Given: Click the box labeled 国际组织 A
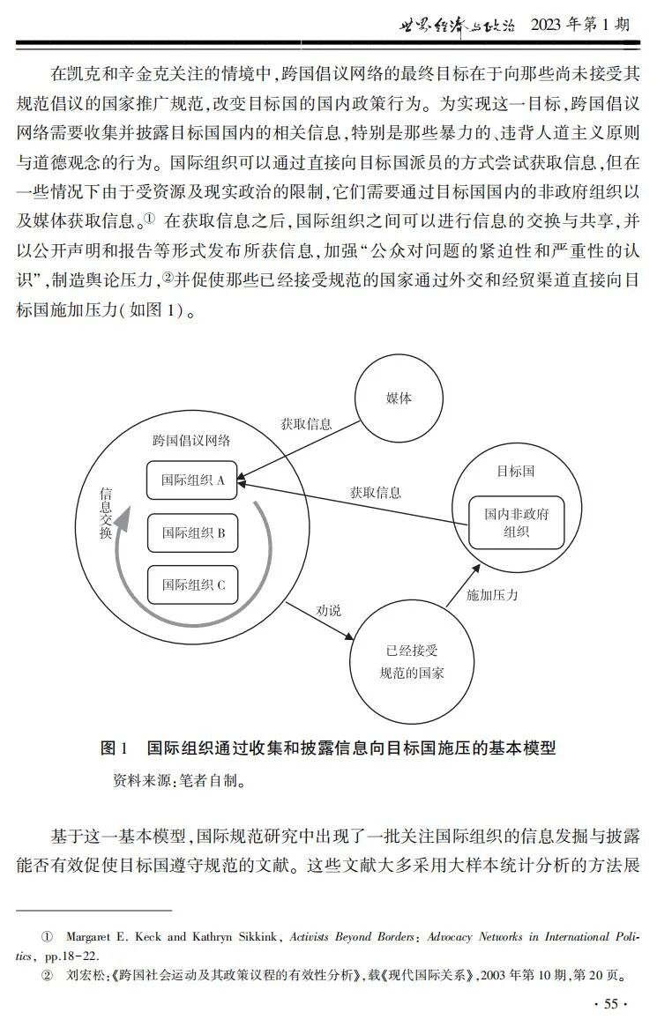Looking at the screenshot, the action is click(x=193, y=480).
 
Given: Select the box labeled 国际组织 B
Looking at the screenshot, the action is click(x=193, y=532).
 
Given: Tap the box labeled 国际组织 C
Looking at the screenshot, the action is click(x=193, y=584).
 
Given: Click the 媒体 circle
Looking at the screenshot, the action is click(x=399, y=398).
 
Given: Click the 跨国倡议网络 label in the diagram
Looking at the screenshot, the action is click(x=191, y=441).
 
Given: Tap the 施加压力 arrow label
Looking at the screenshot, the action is click(x=492, y=595).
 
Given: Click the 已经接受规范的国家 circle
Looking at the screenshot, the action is click(x=411, y=662).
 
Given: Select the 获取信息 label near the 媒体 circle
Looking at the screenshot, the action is click(x=306, y=423).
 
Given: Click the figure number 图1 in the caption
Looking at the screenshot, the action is click(x=115, y=748).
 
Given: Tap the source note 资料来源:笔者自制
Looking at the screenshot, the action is click(x=177, y=780).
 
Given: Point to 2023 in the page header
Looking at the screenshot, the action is click(x=552, y=25).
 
